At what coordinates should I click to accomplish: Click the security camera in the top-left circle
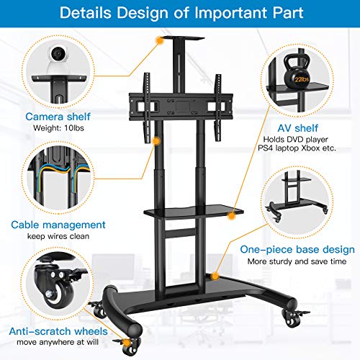pos(58,60)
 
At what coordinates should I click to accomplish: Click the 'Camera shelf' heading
pos(58,117)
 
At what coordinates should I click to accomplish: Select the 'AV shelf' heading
pos(298,128)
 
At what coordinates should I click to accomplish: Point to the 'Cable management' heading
pos(58,225)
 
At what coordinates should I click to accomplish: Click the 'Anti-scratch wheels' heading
pos(58,331)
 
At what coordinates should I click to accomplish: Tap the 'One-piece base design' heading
pos(297,250)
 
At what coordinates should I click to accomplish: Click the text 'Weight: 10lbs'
pos(58,128)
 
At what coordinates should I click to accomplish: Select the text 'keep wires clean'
pos(58,236)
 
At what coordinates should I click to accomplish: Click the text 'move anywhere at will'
pos(58,342)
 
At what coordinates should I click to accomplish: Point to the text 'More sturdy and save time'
pos(297,261)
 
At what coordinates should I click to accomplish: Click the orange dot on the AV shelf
pos(232,216)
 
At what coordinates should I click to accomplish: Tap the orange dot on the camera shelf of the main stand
pos(159,40)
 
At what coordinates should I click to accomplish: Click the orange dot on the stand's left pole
pos(156,141)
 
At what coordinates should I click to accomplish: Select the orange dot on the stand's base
pos(215,276)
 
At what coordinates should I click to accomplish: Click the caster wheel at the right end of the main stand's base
pos(293,318)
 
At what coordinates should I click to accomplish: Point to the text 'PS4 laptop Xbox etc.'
pos(297,148)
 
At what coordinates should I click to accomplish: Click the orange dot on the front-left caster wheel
pos(127,343)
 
